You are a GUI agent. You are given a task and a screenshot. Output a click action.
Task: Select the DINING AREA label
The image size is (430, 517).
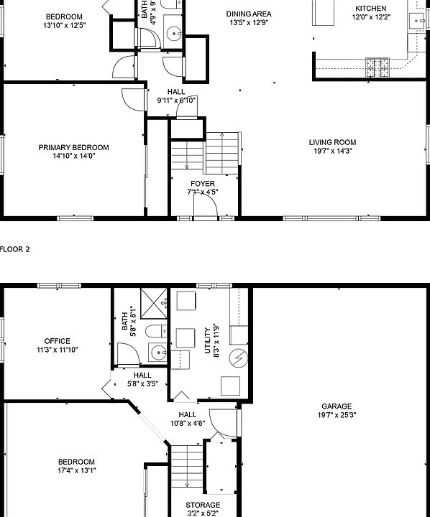(249, 14)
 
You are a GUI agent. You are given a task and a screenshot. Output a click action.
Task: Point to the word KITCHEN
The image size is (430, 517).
(370, 9)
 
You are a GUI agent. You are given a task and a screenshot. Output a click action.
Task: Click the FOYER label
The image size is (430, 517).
(202, 184)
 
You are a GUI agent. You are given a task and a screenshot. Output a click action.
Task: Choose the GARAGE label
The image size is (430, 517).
(337, 406)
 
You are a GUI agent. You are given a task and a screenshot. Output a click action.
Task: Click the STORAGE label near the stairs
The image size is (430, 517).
(203, 505)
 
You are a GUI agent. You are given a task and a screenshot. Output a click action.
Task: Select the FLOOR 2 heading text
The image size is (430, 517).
(14, 249)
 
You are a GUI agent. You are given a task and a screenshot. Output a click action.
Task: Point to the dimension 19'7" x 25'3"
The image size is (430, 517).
(337, 415)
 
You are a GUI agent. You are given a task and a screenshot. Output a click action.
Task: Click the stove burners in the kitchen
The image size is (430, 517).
(378, 67)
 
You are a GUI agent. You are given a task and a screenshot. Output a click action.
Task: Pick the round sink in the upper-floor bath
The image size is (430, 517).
(173, 34)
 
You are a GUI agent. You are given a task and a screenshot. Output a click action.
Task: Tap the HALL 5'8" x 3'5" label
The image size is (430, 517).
(142, 379)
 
